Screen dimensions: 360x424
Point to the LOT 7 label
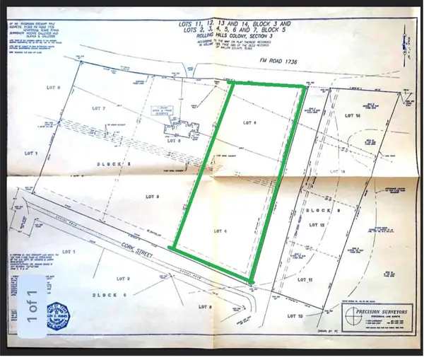tap(99, 109)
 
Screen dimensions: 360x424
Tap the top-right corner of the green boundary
tap(304, 87)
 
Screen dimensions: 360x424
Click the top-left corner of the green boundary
tap(232, 83)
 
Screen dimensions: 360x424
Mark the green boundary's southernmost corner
tap(252, 282)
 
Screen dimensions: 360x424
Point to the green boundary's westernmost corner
tap(172, 248)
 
